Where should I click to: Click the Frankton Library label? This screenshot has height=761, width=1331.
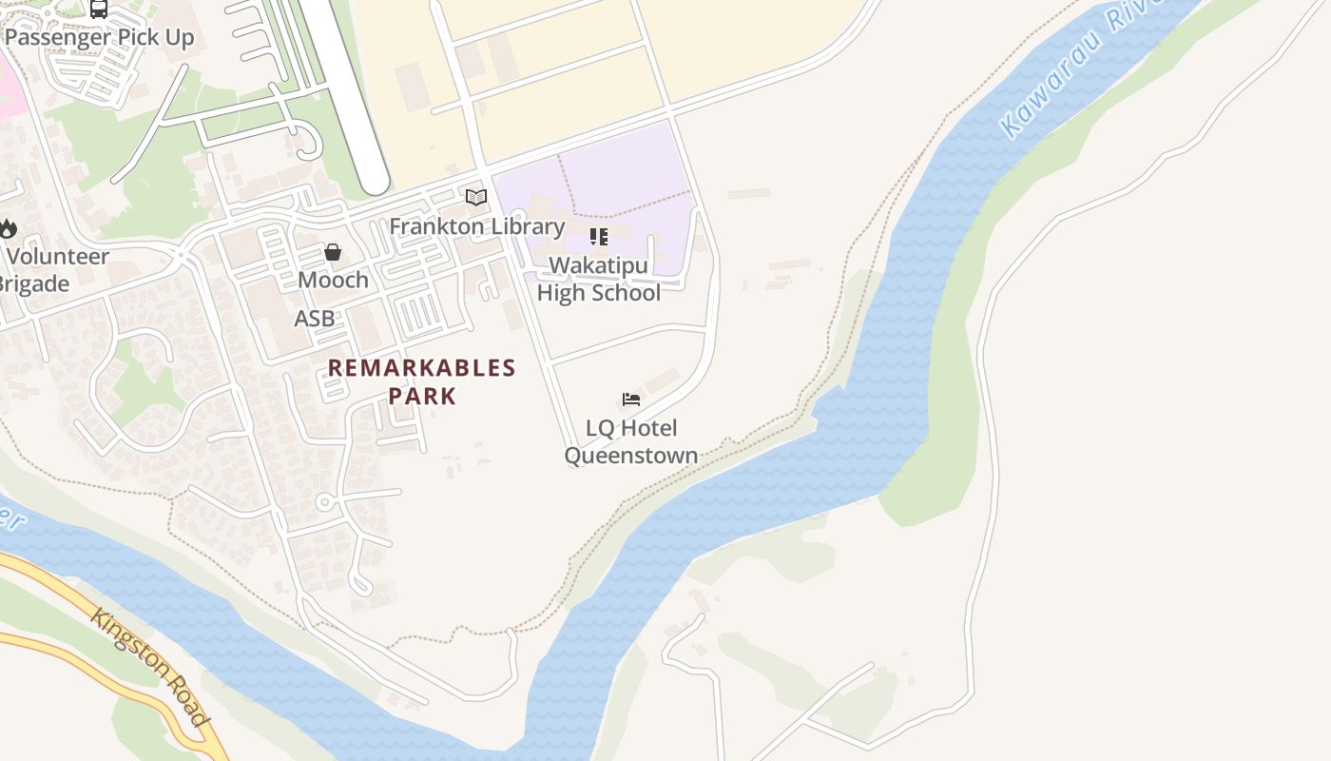pyautogui.click(x=476, y=226)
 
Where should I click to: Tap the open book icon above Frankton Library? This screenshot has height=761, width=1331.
pyautogui.click(x=476, y=198)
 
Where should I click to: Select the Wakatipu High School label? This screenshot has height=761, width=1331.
pyautogui.click(x=598, y=279)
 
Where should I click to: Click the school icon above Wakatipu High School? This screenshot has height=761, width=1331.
pyautogui.click(x=598, y=236)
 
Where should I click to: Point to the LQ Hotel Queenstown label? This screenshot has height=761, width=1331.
pyautogui.click(x=631, y=441)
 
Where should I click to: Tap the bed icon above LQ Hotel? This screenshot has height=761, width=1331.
pyautogui.click(x=631, y=400)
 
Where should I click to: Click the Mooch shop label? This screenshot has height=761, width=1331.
pyautogui.click(x=333, y=280)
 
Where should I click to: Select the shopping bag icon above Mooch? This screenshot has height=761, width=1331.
pyautogui.click(x=333, y=252)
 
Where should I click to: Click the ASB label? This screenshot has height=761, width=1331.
pyautogui.click(x=314, y=319)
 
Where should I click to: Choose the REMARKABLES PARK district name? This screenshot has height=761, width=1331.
pyautogui.click(x=422, y=381)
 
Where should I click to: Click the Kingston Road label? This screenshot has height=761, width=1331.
pyautogui.click(x=149, y=666)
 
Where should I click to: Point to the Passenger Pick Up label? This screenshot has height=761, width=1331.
pyautogui.click(x=99, y=38)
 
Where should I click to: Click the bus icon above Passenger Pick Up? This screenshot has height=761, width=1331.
pyautogui.click(x=99, y=9)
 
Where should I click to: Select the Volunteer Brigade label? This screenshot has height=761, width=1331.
pyautogui.click(x=48, y=270)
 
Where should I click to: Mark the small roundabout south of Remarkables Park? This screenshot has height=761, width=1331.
pyautogui.click(x=325, y=501)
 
